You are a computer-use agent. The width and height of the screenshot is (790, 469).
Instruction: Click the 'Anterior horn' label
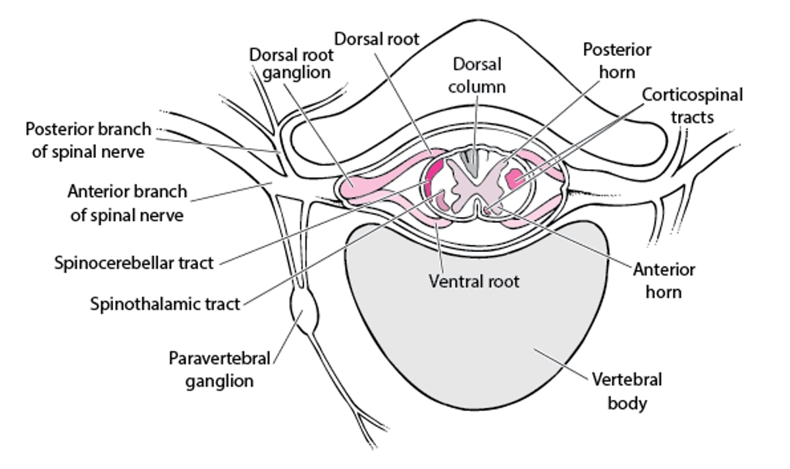(664, 280)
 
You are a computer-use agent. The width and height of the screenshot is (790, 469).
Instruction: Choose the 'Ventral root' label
(474, 282)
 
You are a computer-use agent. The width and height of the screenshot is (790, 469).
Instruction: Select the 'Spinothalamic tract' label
(165, 304)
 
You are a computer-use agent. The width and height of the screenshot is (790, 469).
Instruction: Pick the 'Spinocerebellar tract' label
(134, 263)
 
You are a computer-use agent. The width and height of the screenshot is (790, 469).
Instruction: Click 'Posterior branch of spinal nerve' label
(88, 139)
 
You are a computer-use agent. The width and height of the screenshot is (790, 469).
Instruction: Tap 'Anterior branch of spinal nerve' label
(127, 203)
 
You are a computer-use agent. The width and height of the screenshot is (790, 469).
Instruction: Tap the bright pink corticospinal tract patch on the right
(515, 178)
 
